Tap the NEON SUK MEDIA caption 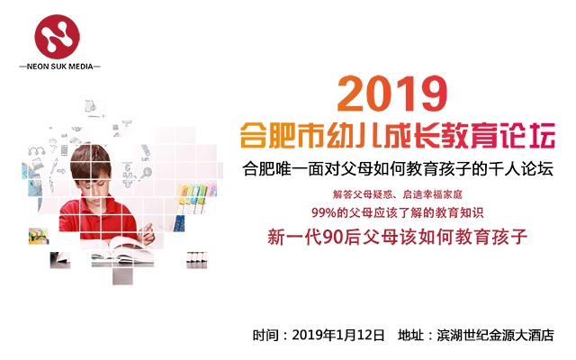[x=59, y=67]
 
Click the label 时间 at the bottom [x=265, y=335]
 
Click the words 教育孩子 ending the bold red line [x=495, y=238]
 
